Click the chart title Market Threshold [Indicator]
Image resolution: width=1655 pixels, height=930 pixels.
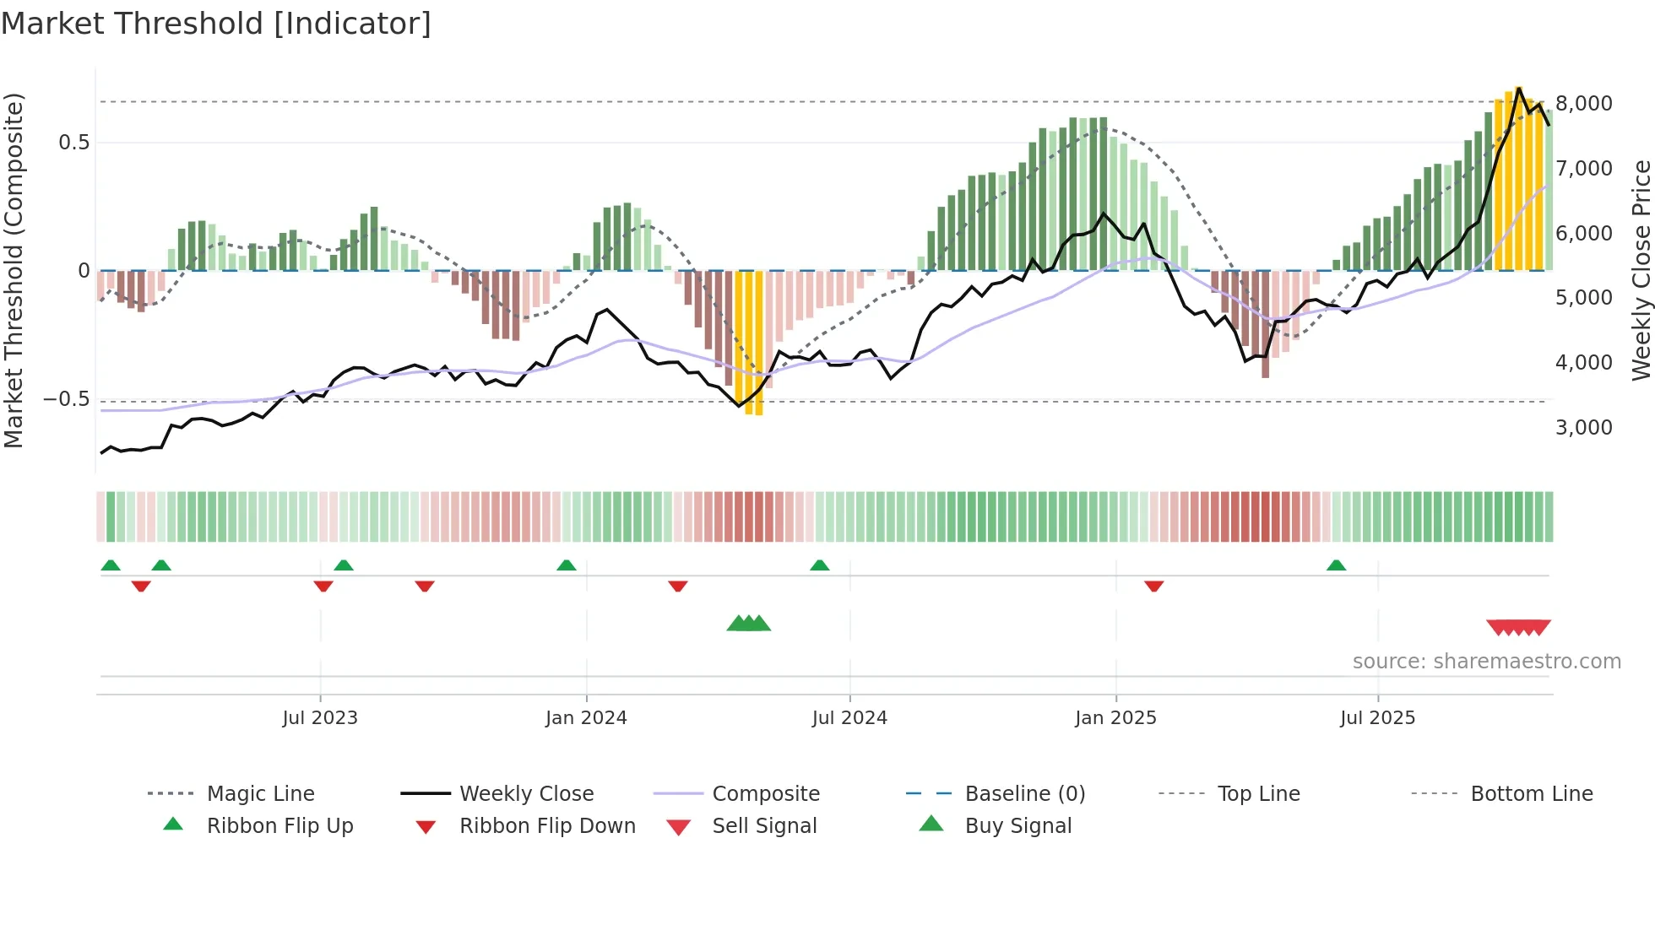point(216,24)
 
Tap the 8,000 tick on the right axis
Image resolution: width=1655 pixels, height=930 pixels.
point(1583,104)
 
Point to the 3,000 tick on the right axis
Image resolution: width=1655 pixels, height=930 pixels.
point(1583,428)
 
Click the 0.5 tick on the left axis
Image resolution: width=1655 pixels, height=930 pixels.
point(73,143)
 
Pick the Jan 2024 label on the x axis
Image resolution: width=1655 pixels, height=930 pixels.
point(586,718)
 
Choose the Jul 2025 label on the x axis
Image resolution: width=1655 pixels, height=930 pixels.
point(1377,718)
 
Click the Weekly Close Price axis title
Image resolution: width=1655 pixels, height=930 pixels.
point(1641,270)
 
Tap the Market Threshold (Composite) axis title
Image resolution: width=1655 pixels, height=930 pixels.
point(14,270)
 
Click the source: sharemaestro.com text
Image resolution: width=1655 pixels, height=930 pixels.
point(1486,662)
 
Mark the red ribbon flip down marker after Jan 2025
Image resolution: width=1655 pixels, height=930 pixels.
point(1154,586)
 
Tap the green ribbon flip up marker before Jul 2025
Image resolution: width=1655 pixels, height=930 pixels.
point(1336,565)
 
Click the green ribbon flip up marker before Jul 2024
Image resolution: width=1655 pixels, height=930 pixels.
point(819,565)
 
